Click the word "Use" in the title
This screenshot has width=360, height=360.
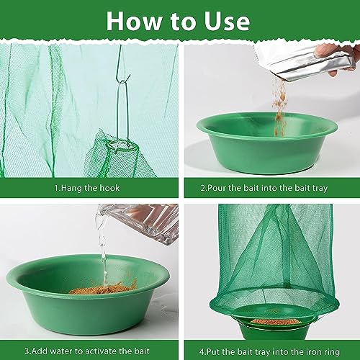tap(227, 21)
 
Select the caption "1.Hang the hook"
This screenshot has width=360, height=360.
tap(87, 188)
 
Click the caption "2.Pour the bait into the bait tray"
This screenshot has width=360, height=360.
tap(264, 188)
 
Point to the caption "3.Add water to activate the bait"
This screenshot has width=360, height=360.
tap(87, 351)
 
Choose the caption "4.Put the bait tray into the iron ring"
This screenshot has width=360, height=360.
tap(269, 352)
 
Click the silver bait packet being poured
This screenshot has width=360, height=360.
tap(305, 63)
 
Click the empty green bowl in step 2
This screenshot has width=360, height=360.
tap(267, 143)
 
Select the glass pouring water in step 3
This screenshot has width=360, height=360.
tap(139, 223)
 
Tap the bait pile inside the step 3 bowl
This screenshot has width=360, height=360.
tap(103, 288)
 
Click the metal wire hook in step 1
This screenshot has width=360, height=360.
tap(122, 101)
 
